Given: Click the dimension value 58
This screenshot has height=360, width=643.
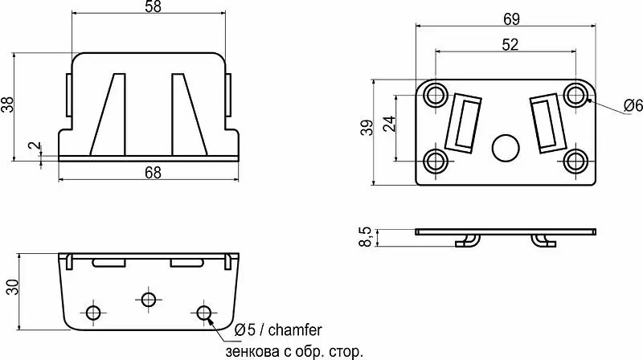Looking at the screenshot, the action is coord(153,6).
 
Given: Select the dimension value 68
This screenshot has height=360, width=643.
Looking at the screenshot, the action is coord(153,173).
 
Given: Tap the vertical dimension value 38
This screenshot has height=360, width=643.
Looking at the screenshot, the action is coord(8,104).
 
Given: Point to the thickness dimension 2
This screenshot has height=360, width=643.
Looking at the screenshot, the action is coord(36,145).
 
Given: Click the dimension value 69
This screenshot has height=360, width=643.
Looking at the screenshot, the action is coord(511,18).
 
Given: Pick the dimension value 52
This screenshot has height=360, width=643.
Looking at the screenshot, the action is coord(510,44).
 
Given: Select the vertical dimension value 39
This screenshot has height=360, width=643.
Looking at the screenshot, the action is coord(368,127).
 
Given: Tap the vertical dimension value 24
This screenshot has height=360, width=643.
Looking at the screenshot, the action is coord(389,124).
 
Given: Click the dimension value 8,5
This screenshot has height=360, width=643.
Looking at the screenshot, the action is coord(365,237).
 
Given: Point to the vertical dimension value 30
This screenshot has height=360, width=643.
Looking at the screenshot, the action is coord(12,287).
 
